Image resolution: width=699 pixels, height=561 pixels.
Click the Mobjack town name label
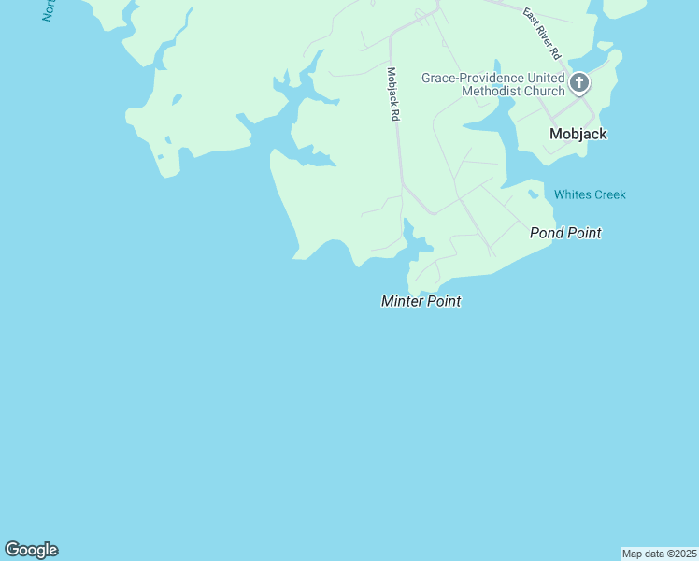[578, 134]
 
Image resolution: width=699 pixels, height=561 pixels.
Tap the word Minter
[402, 301]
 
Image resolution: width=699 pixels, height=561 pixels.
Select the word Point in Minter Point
[444, 301]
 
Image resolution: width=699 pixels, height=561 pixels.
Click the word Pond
[547, 233]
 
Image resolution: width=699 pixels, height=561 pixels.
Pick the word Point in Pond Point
[584, 233]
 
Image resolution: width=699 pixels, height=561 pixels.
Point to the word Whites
[572, 194]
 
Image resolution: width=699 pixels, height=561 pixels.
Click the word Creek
[609, 194]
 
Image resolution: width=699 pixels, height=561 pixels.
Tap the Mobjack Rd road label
[393, 93]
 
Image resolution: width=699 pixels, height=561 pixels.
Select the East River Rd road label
[541, 35]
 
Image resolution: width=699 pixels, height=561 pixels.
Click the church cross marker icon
[579, 84]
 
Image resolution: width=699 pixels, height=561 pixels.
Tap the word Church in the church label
[543, 91]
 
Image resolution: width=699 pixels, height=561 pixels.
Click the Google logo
[32, 550]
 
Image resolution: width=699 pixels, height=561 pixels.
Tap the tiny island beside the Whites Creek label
[533, 194]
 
